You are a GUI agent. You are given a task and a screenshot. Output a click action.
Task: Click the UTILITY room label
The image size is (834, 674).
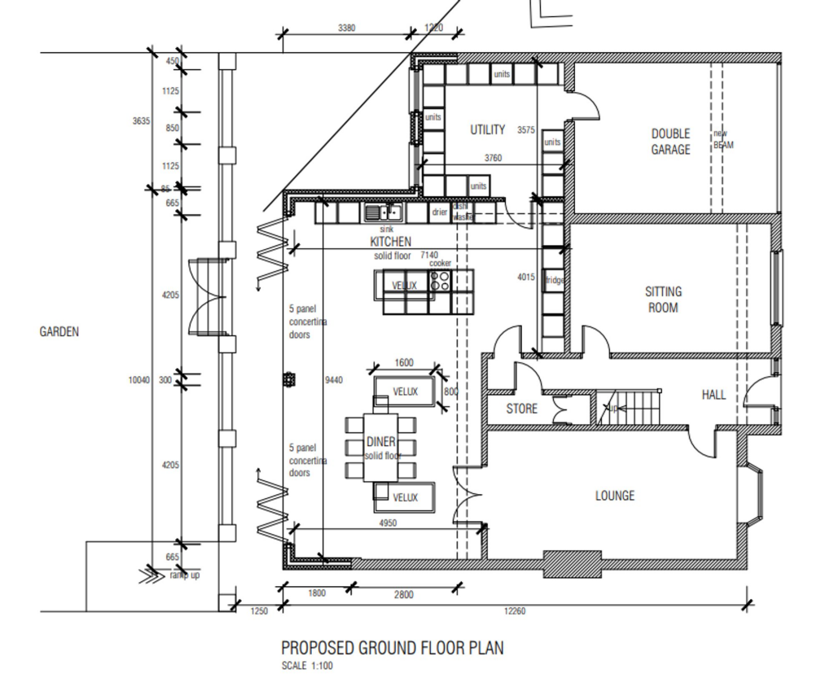pos(487,129)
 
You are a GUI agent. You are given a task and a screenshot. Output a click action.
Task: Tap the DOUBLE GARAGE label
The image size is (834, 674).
pos(670,142)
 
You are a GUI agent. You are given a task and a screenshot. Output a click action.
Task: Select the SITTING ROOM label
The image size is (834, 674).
pos(663,300)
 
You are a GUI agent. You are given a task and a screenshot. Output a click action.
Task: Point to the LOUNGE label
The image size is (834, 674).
pos(614,496)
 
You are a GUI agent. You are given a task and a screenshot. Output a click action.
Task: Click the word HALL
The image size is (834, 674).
pos(713,395)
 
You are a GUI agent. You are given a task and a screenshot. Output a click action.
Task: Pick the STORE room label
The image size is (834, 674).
pos(521,409)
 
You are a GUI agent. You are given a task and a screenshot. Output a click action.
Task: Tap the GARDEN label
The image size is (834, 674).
pos(59,332)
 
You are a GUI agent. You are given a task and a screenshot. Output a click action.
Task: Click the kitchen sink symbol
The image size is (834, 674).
pos(381,213)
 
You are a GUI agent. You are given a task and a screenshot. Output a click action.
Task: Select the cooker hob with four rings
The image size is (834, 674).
pos(441,281)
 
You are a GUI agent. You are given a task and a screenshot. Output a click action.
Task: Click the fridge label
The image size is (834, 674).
pos(554,281)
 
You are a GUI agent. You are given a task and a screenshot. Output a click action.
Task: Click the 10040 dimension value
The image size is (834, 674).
pos(139,380)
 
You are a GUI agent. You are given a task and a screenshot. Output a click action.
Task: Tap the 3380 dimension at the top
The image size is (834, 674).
pos(346,28)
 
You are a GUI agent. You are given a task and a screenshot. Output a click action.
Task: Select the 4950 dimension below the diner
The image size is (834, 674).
pos(388,523)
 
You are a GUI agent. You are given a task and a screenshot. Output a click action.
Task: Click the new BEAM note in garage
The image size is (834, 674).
pos(722,139)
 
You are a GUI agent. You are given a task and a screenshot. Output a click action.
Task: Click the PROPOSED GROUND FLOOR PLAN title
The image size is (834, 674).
pos(392,648)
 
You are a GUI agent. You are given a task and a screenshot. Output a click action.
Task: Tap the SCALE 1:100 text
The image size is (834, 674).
pos(306,666)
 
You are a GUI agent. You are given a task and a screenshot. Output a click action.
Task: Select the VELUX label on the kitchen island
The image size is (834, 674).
pos(405,286)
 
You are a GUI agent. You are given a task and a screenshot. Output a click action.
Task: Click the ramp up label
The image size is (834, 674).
pos(184,576)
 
